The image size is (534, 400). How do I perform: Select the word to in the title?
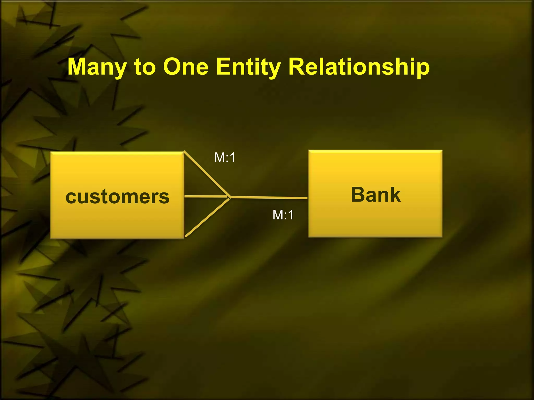(145, 67)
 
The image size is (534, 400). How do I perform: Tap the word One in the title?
(186, 67)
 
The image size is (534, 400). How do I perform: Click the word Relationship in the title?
(359, 67)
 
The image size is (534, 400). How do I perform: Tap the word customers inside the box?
(117, 197)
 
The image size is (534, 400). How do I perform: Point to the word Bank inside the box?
(376, 195)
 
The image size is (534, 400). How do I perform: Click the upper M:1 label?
(225, 158)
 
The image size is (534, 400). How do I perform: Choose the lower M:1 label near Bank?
(283, 215)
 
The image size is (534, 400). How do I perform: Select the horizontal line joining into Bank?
(269, 198)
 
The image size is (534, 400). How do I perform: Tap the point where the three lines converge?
(230, 197)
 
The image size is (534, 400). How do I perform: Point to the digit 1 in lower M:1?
(290, 215)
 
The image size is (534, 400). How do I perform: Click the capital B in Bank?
(359, 195)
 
